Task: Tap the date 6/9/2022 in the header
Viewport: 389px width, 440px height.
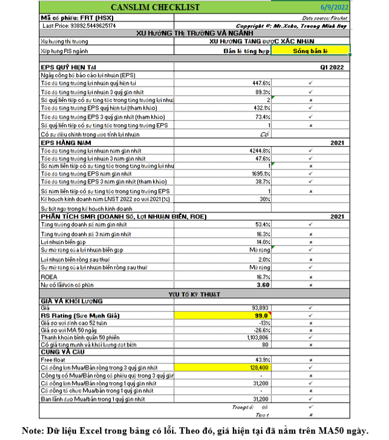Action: [x=335, y=7]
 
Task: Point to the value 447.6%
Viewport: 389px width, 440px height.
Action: [x=260, y=83]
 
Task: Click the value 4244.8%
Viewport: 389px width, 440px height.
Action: [x=259, y=151]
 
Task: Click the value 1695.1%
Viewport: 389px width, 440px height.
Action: [x=259, y=175]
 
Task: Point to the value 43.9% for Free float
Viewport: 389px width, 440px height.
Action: [x=261, y=359]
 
